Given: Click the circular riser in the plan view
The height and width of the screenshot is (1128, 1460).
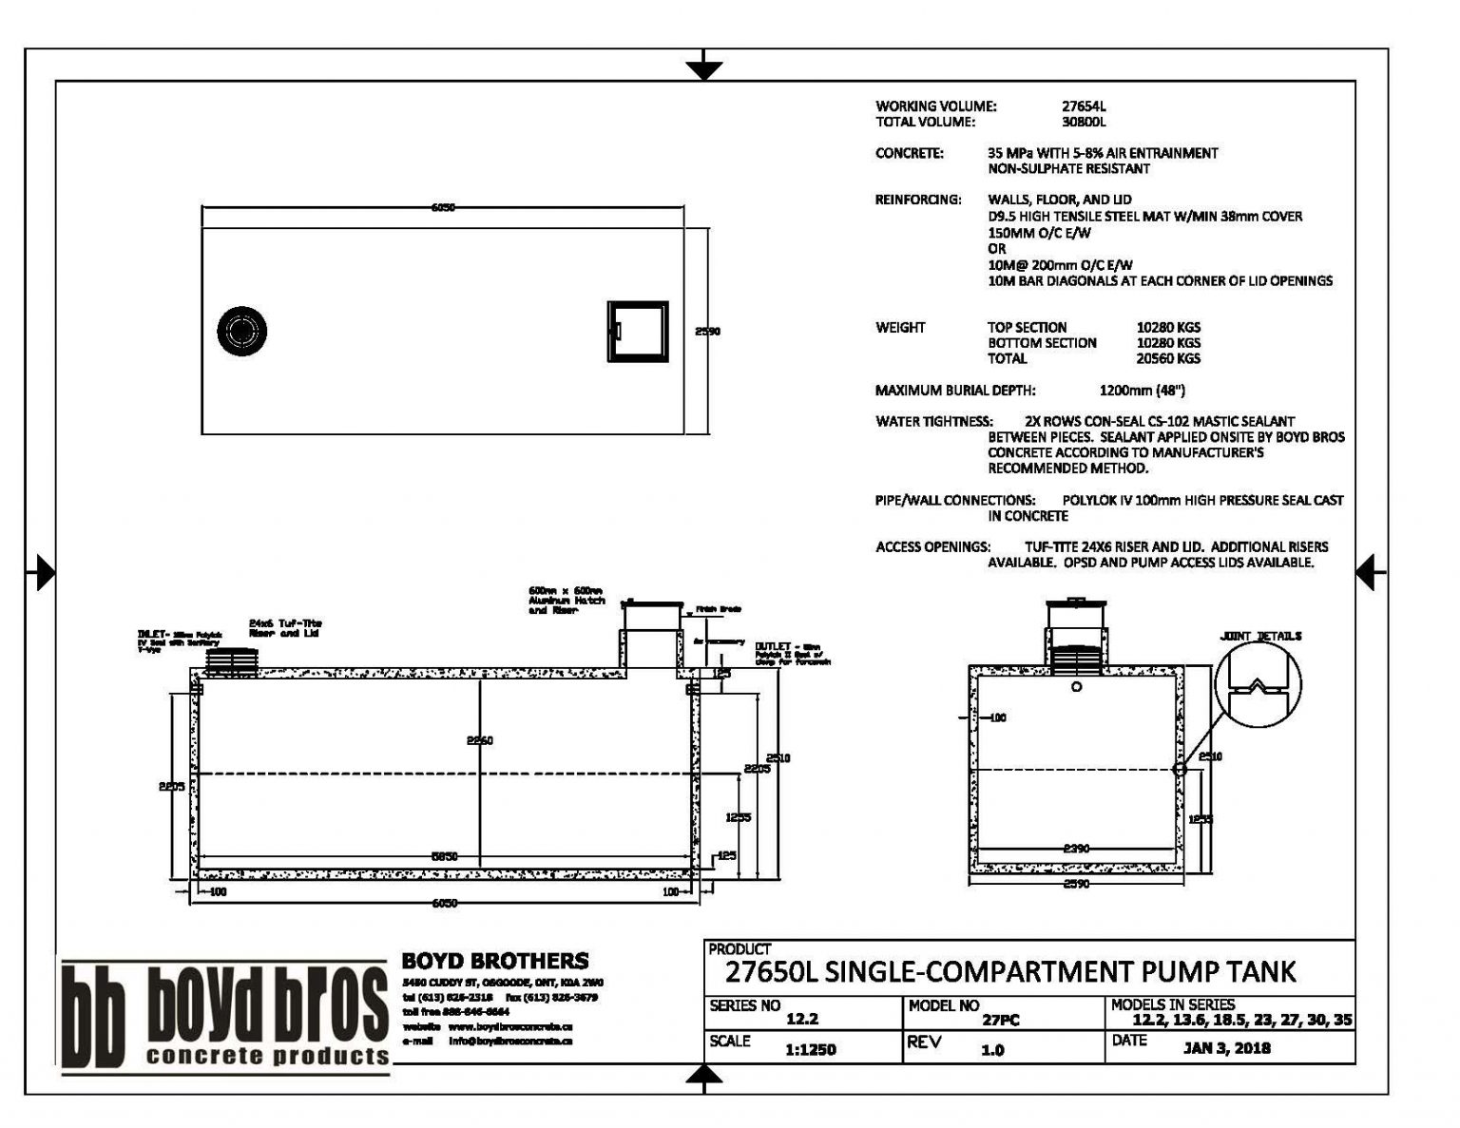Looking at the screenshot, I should (x=241, y=330).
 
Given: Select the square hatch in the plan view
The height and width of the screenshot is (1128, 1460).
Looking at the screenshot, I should (x=637, y=332).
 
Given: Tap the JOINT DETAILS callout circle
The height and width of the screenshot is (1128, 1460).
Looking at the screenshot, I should (x=1258, y=685).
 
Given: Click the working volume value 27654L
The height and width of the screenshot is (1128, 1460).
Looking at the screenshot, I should (x=1085, y=106).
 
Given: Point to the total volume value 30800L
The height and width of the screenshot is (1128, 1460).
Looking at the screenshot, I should (x=1085, y=122).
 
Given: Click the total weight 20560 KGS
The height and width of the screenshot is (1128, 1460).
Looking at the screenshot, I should (x=1168, y=358).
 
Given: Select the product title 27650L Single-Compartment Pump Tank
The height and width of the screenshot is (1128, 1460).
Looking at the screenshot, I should (x=1009, y=971).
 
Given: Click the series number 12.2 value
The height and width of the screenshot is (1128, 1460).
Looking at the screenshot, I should (x=802, y=1020).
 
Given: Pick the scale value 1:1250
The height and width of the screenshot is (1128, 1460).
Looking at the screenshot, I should (x=811, y=1049).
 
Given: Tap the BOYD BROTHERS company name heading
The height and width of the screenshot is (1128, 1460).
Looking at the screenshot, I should (x=494, y=961).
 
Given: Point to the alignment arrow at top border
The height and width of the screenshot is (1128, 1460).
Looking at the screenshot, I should (x=704, y=69).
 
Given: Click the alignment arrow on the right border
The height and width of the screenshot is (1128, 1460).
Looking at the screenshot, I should (x=1370, y=573).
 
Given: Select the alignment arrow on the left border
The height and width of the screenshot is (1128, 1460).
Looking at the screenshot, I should (x=42, y=573).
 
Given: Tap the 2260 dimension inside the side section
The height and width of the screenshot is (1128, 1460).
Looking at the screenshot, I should (x=479, y=740).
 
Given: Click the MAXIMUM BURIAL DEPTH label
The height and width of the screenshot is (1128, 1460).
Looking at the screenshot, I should (x=955, y=390).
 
